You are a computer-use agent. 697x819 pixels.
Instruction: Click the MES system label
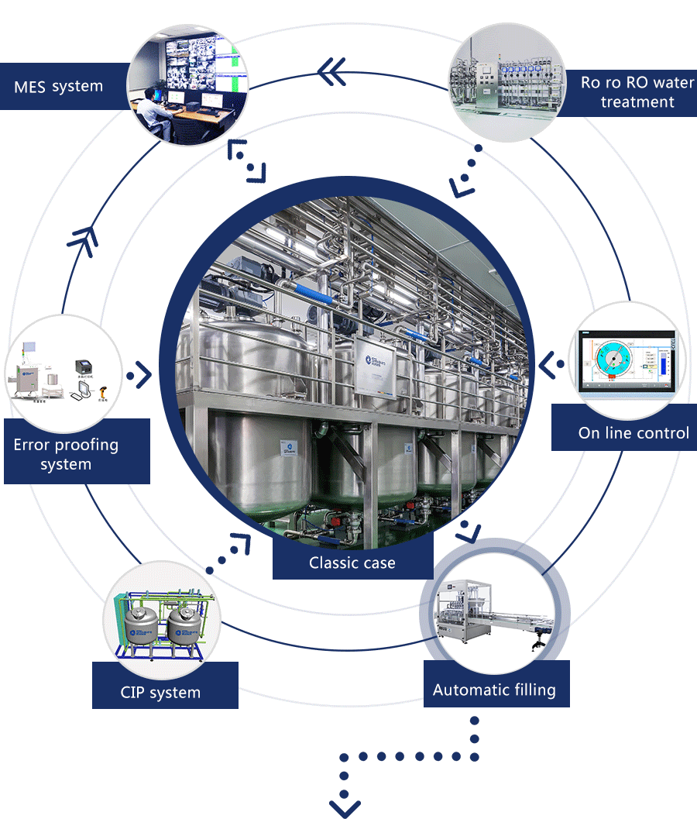tap(59, 86)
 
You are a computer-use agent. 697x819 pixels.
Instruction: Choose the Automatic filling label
tap(494, 690)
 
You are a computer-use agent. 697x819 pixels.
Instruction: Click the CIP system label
tap(160, 692)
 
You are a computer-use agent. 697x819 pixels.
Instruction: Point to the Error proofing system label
tap(67, 455)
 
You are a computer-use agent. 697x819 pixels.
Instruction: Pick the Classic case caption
tap(352, 563)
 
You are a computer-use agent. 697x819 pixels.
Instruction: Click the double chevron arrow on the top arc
tap(332, 73)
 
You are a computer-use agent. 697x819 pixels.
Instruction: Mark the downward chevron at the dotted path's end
tap(345, 806)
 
